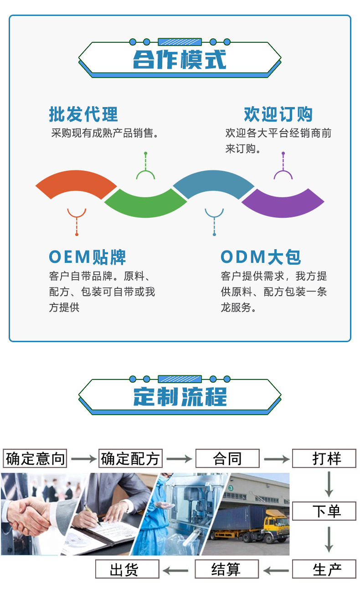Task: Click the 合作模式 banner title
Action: pyautogui.click(x=180, y=60)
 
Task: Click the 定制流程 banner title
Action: pyautogui.click(x=180, y=396)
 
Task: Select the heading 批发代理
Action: pyautogui.click(x=83, y=114)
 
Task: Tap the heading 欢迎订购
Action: pyautogui.click(x=278, y=114)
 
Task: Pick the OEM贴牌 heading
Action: pyautogui.click(x=87, y=257)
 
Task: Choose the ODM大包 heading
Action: pyautogui.click(x=261, y=257)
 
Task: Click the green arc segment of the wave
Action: pyautogui.click(x=145, y=205)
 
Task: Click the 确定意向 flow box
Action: pyautogui.click(x=35, y=458)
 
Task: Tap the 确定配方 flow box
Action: pyautogui.click(x=131, y=458)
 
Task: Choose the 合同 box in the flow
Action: pyautogui.click(x=227, y=458)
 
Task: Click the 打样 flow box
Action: pyautogui.click(x=324, y=458)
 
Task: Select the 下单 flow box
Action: pyautogui.click(x=324, y=511)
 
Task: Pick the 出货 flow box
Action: pyautogui.click(x=127, y=569)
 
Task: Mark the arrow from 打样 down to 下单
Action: pyautogui.click(x=329, y=484)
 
